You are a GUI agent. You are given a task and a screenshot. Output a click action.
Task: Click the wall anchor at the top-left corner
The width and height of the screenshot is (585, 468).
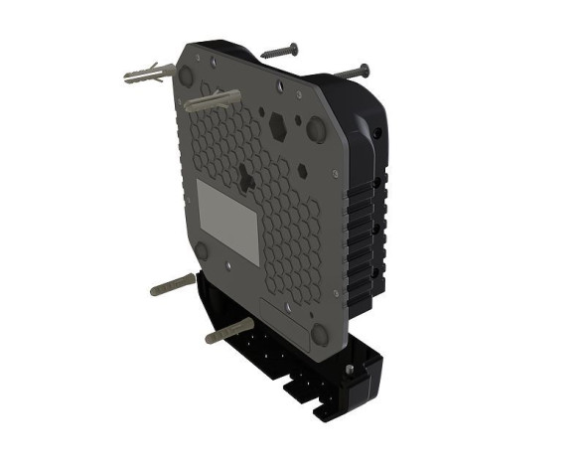147,75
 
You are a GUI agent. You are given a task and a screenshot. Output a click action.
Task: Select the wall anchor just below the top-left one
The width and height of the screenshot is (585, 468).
210,100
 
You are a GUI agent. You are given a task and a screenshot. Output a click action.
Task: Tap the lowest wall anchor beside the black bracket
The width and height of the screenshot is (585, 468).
228,331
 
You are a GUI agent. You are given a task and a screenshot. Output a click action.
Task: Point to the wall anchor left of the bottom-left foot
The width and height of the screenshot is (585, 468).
172,286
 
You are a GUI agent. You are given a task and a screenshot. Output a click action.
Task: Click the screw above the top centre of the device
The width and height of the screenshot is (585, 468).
278,49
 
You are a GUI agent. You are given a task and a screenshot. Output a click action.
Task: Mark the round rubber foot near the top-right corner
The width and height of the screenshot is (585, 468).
318,128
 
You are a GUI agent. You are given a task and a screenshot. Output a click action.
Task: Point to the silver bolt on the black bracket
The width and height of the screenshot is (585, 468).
348,370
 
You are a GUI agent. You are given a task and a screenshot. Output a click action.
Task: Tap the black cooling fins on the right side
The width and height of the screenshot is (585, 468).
363,229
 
